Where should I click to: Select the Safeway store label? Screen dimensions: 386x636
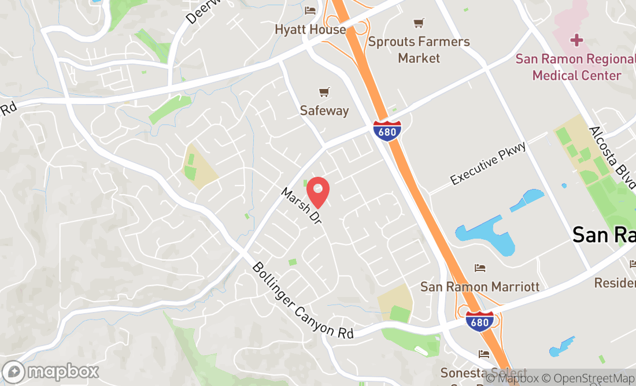324,110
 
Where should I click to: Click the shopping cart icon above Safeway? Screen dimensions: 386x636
324,92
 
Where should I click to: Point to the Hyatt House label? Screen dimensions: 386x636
310,29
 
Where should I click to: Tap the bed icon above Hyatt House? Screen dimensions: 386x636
310,11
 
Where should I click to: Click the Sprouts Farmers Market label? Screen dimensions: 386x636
419,50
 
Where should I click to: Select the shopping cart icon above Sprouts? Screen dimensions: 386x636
419,24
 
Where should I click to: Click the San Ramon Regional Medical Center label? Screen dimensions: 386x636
575,67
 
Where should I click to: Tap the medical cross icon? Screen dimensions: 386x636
576,40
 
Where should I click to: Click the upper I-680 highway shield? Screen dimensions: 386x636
387,131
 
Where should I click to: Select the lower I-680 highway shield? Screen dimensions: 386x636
480,320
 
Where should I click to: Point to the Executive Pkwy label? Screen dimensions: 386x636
489,164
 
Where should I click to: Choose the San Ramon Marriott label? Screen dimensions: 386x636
480,287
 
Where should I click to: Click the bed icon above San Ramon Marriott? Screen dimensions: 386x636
479,268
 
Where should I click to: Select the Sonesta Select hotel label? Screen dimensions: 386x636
483,373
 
